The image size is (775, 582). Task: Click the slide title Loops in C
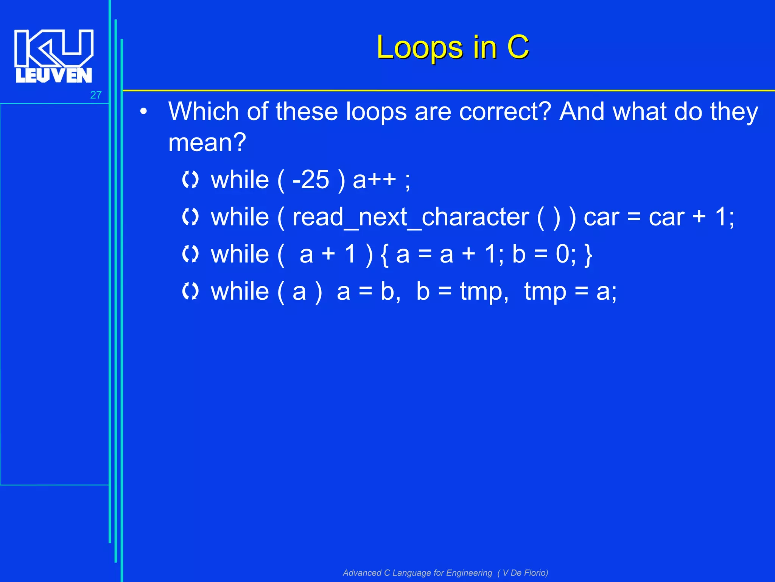pos(453,47)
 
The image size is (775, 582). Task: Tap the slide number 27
pos(96,95)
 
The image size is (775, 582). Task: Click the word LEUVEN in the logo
pos(54,75)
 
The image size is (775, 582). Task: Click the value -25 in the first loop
pos(311,180)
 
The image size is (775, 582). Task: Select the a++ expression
pos(374,180)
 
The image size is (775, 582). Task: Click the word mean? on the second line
pos(207,142)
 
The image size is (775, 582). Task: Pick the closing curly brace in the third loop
pos(588,255)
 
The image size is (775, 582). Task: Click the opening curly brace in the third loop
pos(384,255)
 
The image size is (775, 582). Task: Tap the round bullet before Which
pos(143,112)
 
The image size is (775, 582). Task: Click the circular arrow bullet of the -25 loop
pos(190,180)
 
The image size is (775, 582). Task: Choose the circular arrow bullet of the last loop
pos(190,291)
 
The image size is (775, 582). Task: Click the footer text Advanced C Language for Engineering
pos(417,573)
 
